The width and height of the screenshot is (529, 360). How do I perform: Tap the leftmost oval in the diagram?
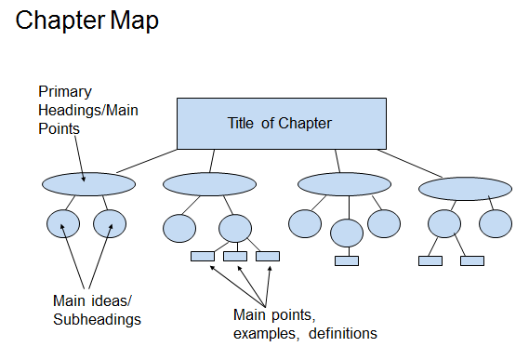(88, 183)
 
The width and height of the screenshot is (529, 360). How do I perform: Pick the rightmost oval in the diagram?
(465, 189)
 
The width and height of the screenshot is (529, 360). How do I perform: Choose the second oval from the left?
(209, 184)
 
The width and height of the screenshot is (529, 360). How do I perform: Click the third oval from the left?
(343, 184)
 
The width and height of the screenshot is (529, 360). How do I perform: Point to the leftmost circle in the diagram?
(63, 224)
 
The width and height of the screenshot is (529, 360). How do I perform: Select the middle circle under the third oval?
(346, 233)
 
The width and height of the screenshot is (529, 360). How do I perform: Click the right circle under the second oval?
(235, 228)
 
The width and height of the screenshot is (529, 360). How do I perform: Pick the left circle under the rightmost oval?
(443, 224)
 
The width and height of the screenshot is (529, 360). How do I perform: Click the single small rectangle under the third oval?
(346, 260)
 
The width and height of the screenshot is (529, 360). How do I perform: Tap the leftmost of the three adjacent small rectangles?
(202, 257)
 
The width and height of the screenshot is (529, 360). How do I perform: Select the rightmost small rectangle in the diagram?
(472, 260)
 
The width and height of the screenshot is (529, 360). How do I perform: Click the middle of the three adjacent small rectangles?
(235, 257)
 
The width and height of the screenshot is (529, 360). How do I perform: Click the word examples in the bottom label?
(263, 332)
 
